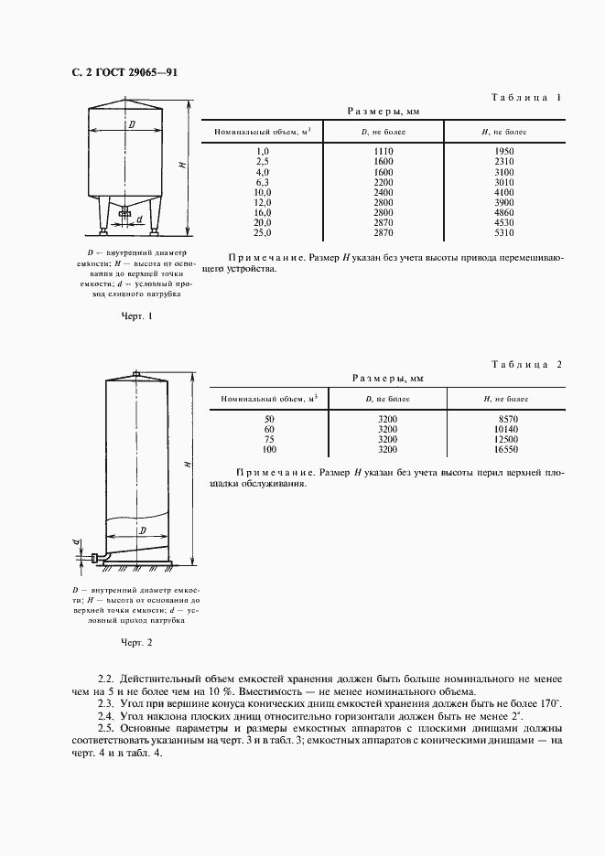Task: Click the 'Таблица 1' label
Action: click(526, 97)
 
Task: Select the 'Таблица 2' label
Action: click(526, 364)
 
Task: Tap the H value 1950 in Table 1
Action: click(503, 150)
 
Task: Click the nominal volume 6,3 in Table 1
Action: click(263, 182)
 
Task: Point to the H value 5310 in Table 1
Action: click(503, 233)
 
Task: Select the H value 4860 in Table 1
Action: click(503, 212)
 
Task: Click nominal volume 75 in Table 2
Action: click(269, 439)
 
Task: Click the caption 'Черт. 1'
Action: click(136, 316)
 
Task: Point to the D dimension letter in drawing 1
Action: click(132, 123)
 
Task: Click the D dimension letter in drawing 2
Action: click(142, 530)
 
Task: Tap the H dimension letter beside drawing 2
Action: click(186, 465)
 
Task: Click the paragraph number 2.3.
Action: click(105, 702)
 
